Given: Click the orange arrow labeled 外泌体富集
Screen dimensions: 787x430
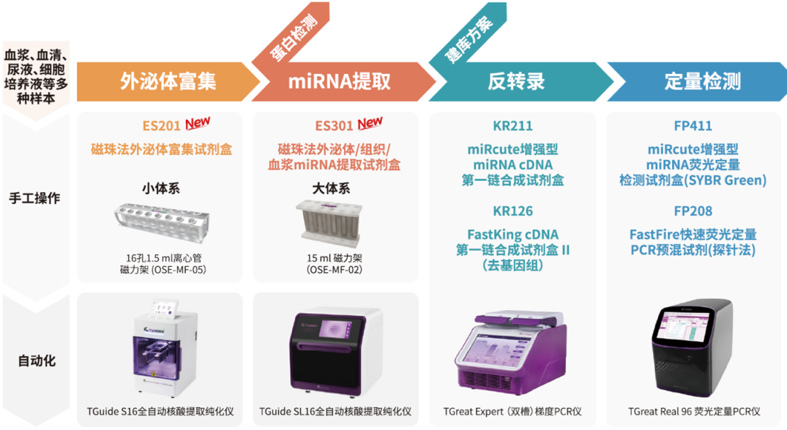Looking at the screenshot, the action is (x=168, y=81).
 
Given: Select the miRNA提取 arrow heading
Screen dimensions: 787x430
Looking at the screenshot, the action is (x=341, y=81).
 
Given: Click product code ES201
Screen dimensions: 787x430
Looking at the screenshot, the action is (x=161, y=126).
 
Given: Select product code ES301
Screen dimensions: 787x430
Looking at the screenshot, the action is (x=334, y=126).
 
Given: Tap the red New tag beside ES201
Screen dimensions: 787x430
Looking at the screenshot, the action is (x=198, y=123).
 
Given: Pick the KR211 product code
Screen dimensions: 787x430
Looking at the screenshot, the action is (x=512, y=126).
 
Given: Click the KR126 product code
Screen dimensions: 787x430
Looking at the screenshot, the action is (x=512, y=211).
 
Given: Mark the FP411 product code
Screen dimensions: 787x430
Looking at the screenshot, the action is (x=693, y=126).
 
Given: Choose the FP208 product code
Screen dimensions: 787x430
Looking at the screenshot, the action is (x=693, y=211).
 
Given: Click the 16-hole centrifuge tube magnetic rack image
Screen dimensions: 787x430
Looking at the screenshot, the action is (x=162, y=223).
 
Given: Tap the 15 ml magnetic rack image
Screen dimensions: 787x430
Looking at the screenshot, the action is (x=329, y=223).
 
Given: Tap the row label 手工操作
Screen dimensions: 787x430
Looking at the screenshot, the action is (x=34, y=198).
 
